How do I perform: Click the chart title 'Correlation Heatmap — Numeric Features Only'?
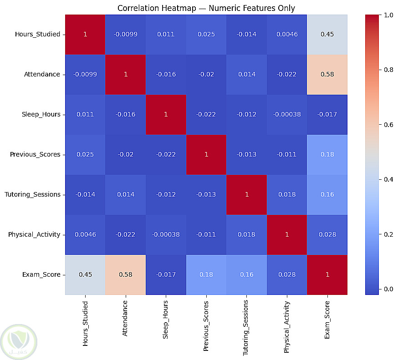206,8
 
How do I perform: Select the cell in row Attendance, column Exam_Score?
327,74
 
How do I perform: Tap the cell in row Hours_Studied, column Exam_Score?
327,34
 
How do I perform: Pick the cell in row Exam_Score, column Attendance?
125,274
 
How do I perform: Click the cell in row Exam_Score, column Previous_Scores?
206,274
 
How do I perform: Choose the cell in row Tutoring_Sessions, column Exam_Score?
327,194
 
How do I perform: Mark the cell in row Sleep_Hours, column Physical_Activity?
287,114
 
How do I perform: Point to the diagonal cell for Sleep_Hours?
166,114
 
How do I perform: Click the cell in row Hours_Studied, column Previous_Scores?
206,34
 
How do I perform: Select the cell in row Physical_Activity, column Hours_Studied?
85,234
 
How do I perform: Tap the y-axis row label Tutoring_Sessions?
32,194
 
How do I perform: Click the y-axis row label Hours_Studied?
37,34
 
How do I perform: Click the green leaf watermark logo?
19,339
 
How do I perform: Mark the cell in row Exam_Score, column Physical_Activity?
287,274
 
